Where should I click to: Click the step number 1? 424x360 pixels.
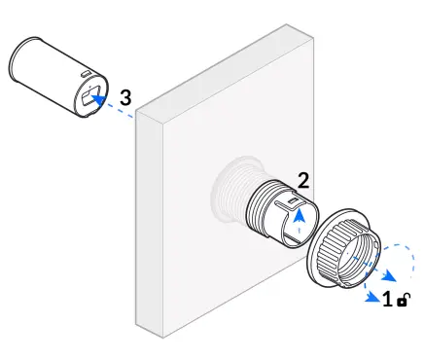[387, 300]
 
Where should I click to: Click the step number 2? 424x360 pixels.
[303, 180]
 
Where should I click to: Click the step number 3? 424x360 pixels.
[124, 97]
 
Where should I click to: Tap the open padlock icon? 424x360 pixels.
[403, 301]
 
